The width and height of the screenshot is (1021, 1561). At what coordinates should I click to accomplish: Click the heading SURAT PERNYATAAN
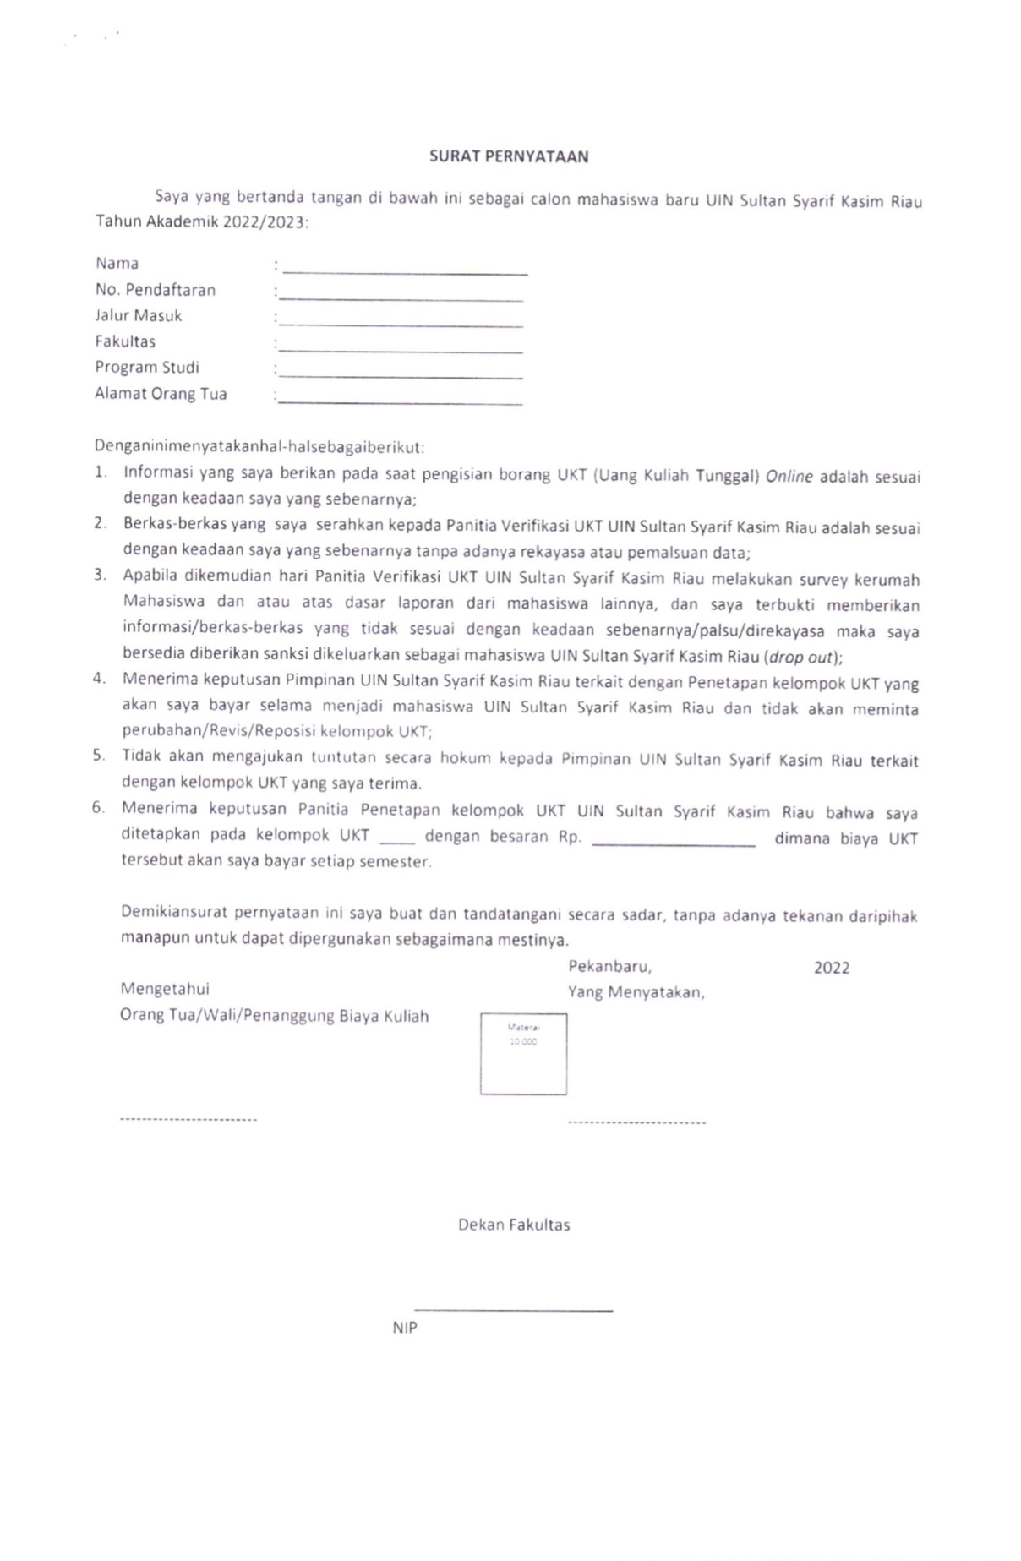(509, 156)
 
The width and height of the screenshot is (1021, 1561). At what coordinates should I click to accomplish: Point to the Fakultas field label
(125, 342)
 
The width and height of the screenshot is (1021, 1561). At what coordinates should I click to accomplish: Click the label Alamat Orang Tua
(161, 394)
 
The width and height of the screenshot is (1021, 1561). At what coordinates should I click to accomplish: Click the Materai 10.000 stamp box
(523, 1054)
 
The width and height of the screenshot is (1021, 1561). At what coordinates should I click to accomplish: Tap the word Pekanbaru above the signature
(609, 966)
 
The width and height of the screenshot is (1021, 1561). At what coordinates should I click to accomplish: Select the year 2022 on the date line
(831, 969)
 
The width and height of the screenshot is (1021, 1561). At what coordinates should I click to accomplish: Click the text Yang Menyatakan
(636, 992)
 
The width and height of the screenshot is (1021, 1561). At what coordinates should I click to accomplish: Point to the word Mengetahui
(165, 989)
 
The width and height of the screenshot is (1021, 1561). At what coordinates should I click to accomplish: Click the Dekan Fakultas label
(514, 1225)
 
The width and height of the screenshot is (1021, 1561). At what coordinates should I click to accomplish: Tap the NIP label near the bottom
(405, 1328)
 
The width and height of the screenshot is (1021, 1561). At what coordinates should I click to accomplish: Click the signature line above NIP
(513, 1310)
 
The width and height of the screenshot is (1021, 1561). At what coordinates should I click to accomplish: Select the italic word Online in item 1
(789, 477)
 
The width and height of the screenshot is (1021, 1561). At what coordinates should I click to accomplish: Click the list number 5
(99, 756)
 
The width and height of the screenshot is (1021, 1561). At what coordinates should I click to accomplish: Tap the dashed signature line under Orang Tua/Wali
(188, 1120)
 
